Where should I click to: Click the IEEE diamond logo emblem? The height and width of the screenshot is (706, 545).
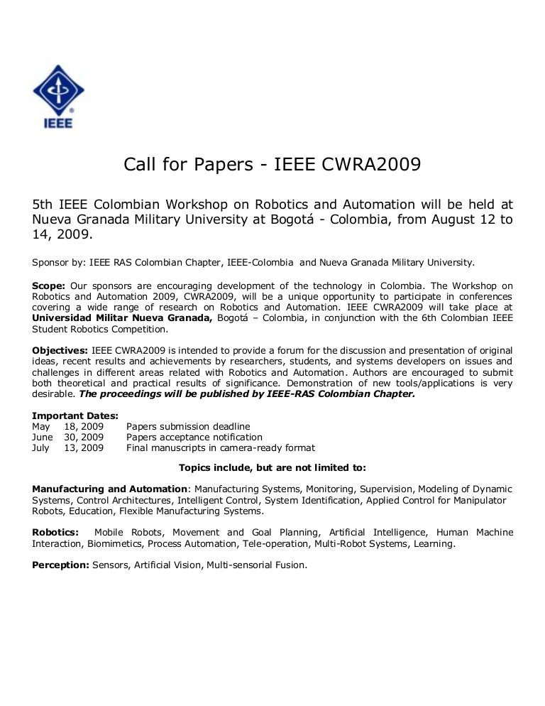(x=58, y=90)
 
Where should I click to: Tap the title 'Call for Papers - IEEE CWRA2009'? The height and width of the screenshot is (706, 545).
(x=272, y=165)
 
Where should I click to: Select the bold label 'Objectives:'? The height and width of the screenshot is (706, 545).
(x=60, y=351)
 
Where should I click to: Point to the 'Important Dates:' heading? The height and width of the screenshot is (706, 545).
(x=75, y=416)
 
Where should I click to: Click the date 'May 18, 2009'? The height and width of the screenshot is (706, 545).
(x=68, y=427)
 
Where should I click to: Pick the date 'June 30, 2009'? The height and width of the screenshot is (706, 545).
(x=68, y=438)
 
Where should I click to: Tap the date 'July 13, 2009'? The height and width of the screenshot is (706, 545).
(x=68, y=448)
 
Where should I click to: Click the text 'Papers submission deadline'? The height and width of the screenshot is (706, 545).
(x=188, y=427)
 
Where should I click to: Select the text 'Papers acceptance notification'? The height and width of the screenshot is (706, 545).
(x=194, y=438)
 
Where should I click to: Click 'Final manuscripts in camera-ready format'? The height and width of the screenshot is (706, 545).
(x=221, y=448)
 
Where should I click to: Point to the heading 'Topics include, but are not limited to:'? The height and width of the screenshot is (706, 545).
(x=272, y=468)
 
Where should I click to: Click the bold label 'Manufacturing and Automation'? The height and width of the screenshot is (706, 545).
(x=111, y=489)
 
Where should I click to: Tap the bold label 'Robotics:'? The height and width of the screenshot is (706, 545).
(x=56, y=533)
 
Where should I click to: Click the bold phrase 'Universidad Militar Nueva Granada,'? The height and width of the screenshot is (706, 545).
(x=123, y=318)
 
